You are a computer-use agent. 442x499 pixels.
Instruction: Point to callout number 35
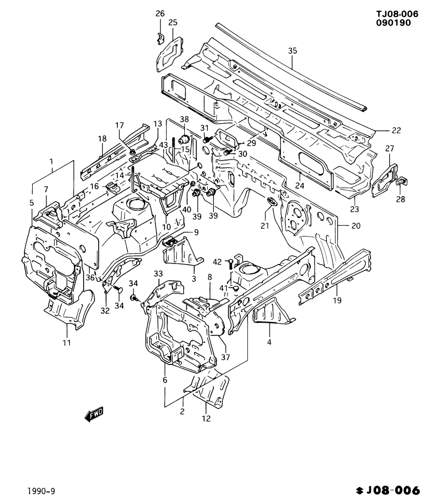click(292, 50)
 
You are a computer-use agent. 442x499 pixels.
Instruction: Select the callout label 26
click(160, 13)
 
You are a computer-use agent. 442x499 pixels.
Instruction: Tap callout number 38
click(184, 119)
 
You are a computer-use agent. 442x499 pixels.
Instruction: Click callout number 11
click(67, 343)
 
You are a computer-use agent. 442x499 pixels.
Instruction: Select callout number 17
click(119, 125)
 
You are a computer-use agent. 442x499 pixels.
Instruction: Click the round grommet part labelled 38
click(184, 139)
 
